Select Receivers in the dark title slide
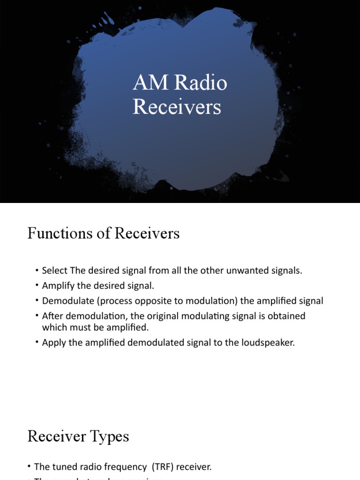tap(177, 107)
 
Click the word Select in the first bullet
tap(54, 271)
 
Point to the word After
tap(52, 316)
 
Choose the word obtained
tap(286, 316)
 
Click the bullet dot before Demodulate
tap(37, 301)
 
